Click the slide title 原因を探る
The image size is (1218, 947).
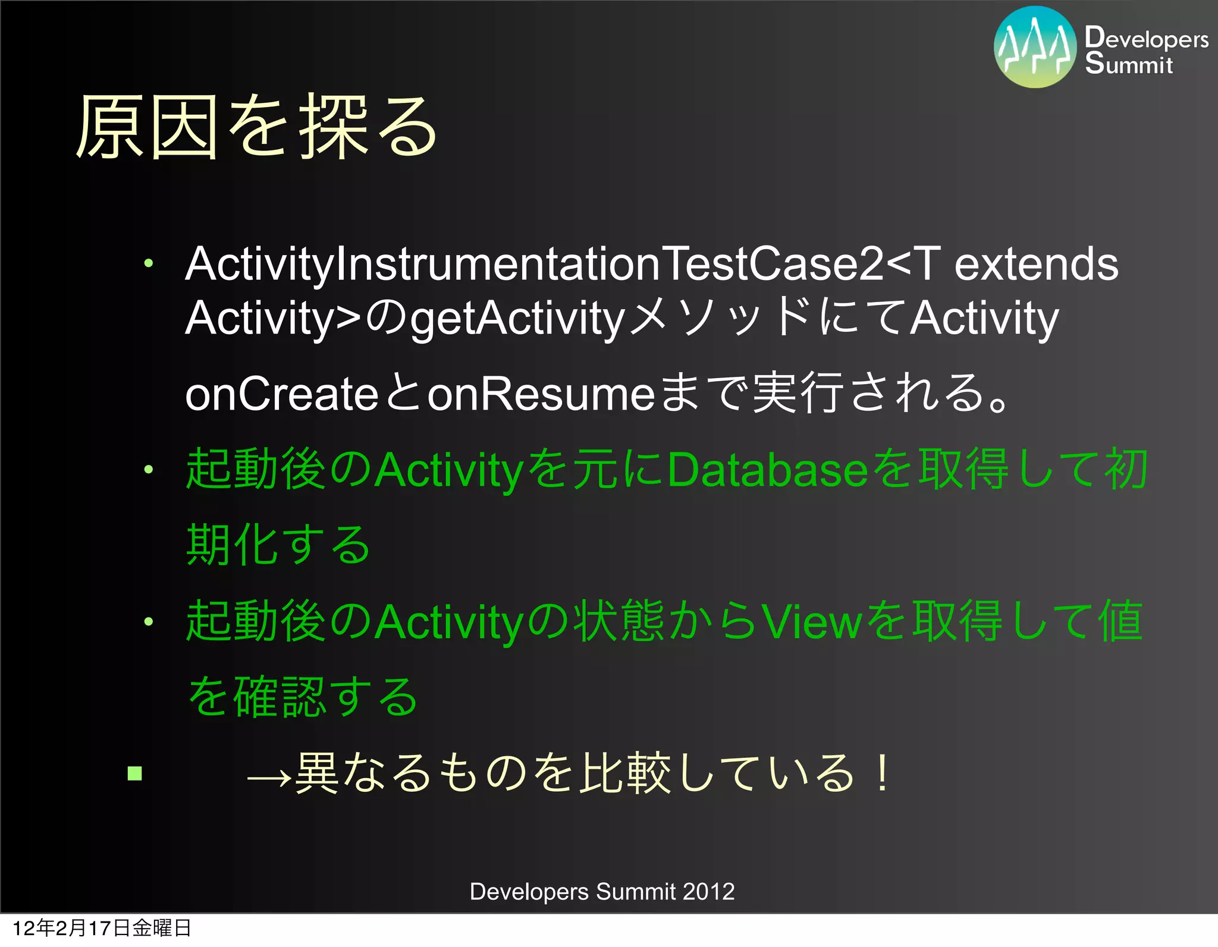pos(257,128)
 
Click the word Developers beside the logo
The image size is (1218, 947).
pos(1146,38)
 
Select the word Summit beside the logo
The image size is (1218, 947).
pos(1128,64)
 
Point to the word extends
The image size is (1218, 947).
pos(1036,265)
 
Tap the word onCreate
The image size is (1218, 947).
pos(281,394)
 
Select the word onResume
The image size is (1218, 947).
pos(541,394)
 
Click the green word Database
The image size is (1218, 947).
pos(768,470)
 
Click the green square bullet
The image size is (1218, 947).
pos(135,773)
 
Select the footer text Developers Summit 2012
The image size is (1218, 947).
pos(602,892)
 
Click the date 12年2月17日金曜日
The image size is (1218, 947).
pos(102,928)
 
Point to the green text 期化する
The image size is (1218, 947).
pos(278,545)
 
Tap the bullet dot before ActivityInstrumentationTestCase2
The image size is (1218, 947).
pos(148,263)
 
